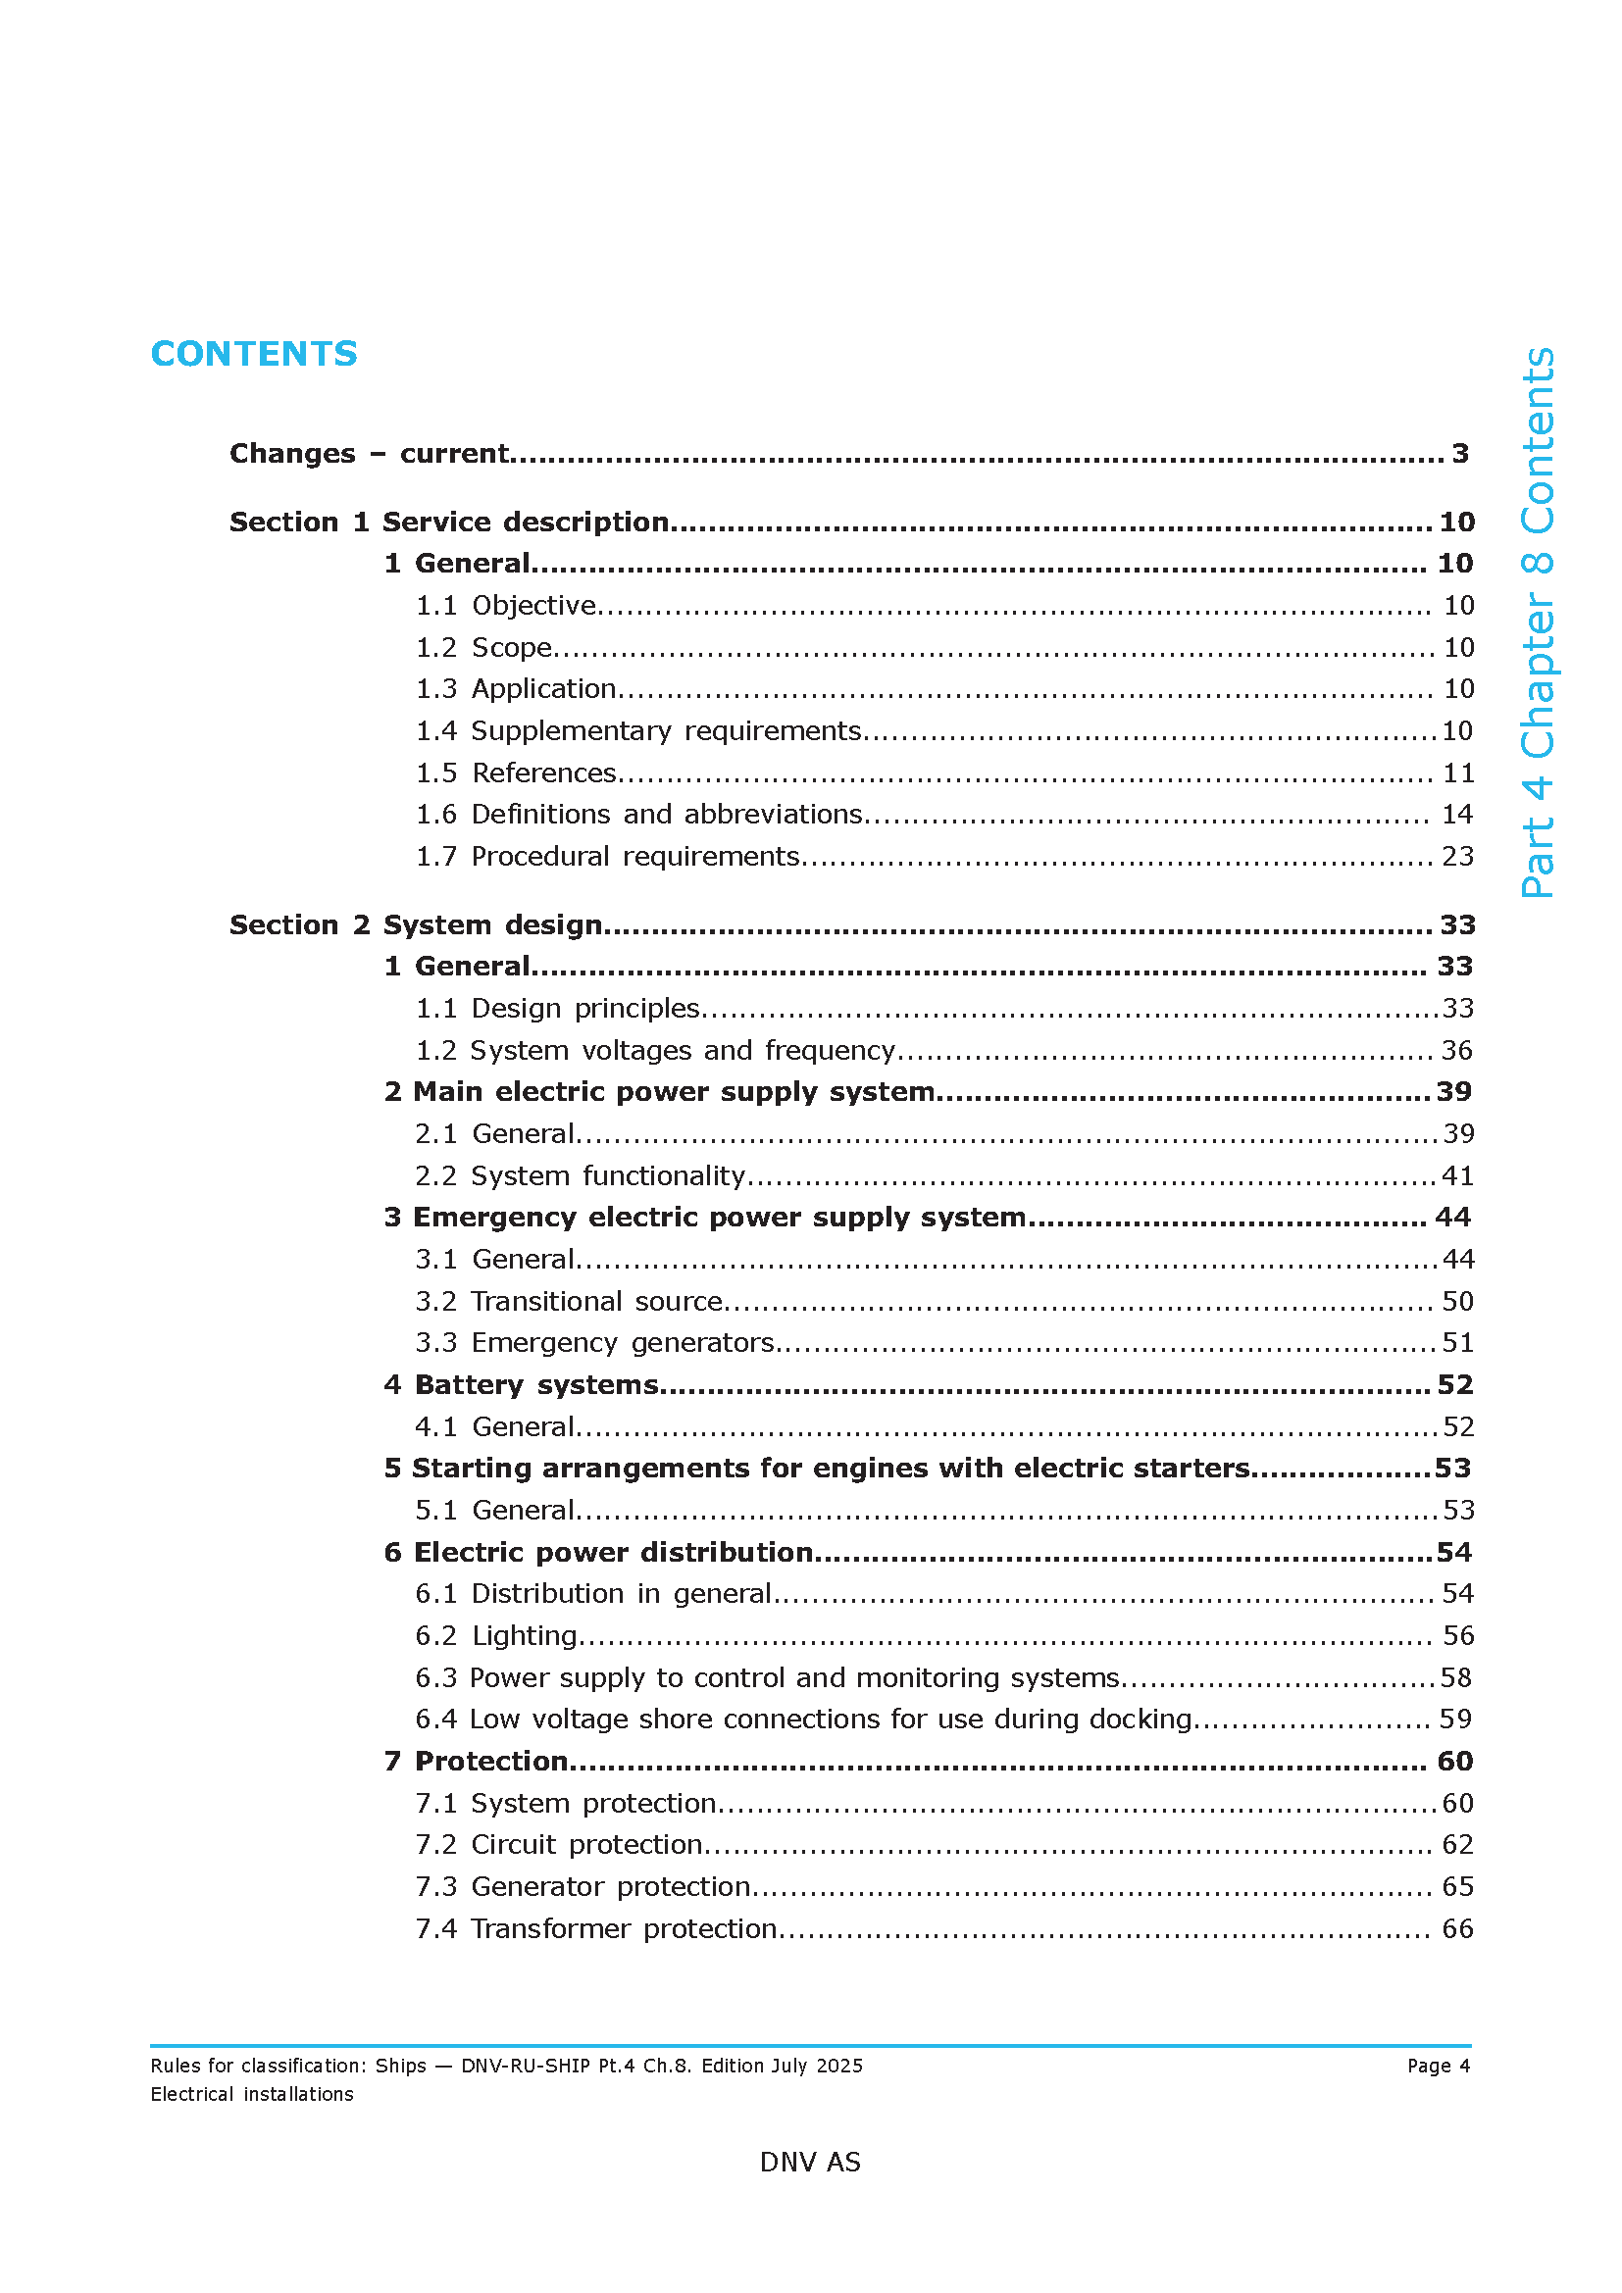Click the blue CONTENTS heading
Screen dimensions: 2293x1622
(254, 354)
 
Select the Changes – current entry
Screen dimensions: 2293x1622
(370, 454)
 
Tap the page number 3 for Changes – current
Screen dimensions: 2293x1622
(1459, 454)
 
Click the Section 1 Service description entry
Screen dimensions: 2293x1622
(449, 522)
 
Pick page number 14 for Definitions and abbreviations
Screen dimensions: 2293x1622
(1457, 815)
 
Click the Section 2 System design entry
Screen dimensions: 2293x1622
(417, 924)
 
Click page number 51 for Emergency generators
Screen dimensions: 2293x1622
(1458, 1343)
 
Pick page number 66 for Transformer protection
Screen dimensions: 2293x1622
(1457, 1928)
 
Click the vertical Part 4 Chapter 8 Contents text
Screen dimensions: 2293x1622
(1537, 623)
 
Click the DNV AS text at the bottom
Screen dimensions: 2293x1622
(810, 2163)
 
